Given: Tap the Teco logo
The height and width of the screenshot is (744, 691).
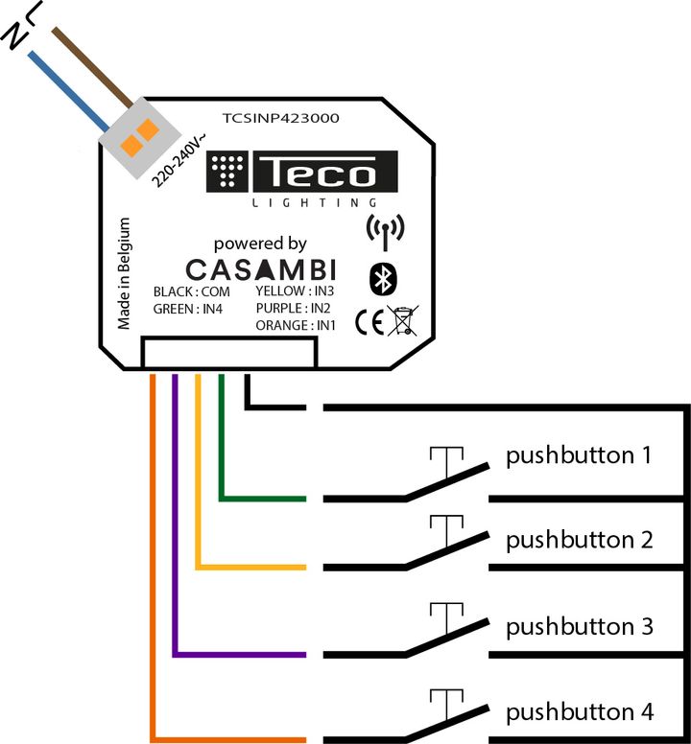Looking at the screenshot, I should (x=302, y=174).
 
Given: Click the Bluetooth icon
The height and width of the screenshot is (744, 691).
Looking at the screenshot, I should (x=384, y=278).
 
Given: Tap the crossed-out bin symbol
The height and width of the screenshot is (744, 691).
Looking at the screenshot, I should (x=403, y=320).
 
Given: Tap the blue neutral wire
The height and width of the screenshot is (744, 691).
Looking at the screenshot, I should (x=69, y=91).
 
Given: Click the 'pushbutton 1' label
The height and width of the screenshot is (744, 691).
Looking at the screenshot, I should (x=580, y=454).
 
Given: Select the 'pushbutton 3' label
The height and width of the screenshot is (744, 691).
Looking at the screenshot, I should (x=580, y=627).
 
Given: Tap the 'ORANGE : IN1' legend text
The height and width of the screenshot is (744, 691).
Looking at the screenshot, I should (x=297, y=326).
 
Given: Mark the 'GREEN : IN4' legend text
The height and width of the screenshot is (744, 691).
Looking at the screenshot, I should (x=188, y=309).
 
